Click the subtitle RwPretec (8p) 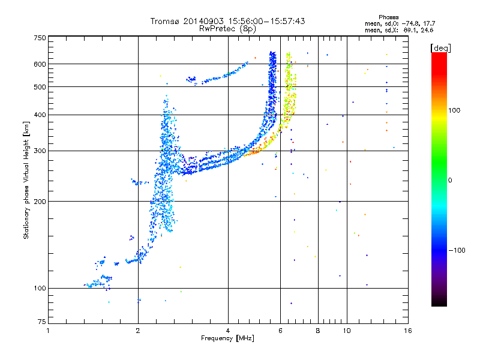[227, 29]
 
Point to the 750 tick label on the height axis [40, 38]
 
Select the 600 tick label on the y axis [40, 64]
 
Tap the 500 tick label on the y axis [40, 87]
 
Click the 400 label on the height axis [40, 115]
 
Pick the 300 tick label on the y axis [40, 151]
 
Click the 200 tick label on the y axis [40, 202]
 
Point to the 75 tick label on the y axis [42, 322]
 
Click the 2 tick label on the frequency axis [138, 331]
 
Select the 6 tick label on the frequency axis [280, 331]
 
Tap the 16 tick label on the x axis [408, 331]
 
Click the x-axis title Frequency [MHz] [228, 338]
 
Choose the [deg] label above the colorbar [440, 48]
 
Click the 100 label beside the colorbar [454, 110]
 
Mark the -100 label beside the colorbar [457, 250]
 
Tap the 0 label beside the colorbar [450, 181]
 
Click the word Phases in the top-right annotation [389, 17]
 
